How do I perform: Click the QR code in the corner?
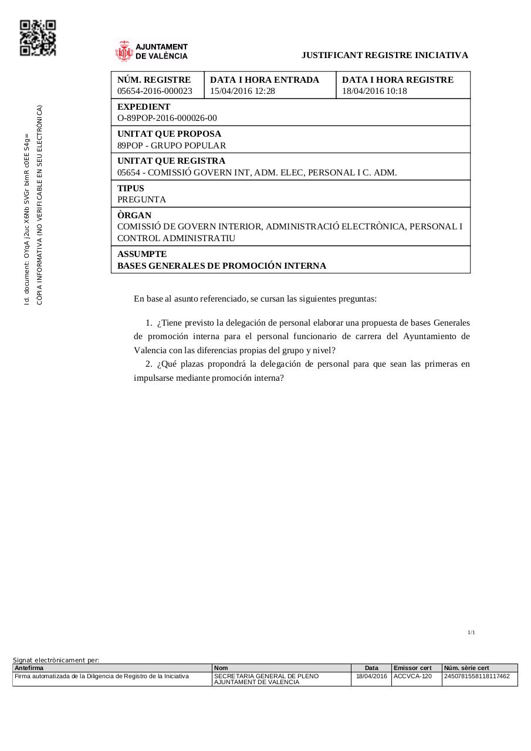[x=38, y=38]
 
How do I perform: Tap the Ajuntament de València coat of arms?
[x=124, y=52]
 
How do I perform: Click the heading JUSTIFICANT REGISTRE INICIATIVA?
[x=384, y=55]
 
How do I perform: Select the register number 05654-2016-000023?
[x=155, y=91]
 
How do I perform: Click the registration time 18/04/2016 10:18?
[x=374, y=91]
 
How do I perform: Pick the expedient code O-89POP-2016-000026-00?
[x=167, y=118]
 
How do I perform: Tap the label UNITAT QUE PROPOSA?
[x=170, y=134]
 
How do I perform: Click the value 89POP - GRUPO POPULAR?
[x=171, y=146]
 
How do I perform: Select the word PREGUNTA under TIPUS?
[x=141, y=199]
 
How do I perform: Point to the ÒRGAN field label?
[x=134, y=215]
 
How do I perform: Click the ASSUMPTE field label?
[x=142, y=254]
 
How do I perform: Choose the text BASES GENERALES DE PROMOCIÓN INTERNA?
[x=222, y=266]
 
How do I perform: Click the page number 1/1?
[x=471, y=632]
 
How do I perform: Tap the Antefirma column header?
[x=29, y=668]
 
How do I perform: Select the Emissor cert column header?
[x=412, y=668]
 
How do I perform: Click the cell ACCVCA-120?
[x=412, y=676]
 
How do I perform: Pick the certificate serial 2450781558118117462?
[x=477, y=676]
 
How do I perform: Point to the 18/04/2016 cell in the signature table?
[x=371, y=676]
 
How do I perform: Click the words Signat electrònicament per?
[x=56, y=660]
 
